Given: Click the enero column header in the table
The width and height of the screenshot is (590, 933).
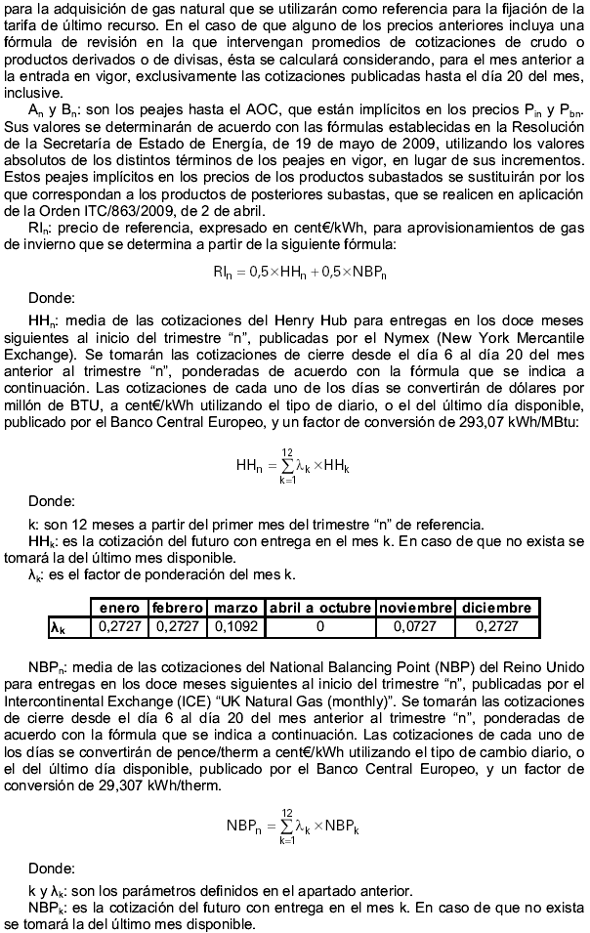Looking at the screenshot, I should pyautogui.click(x=120, y=608).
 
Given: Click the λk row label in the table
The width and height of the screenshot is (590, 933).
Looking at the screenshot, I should pyautogui.click(x=60, y=627).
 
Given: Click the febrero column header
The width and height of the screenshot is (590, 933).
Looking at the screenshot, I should pyautogui.click(x=178, y=608).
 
